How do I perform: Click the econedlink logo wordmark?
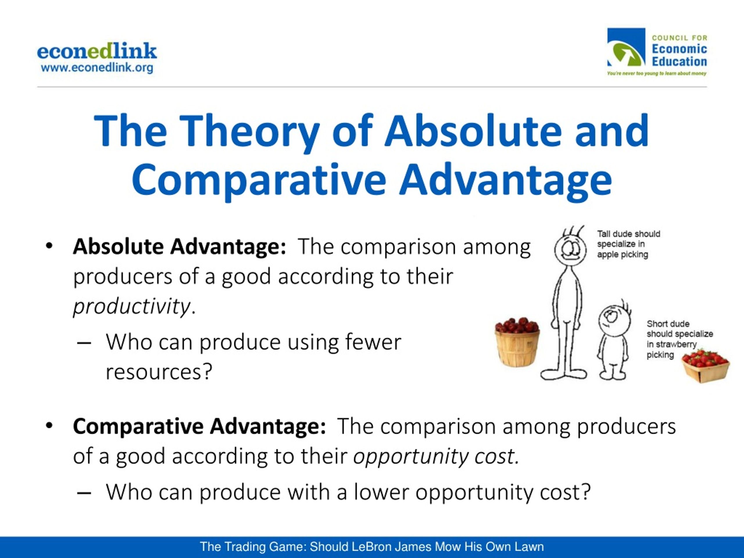pyautogui.click(x=97, y=51)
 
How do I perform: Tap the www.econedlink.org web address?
pyautogui.click(x=97, y=68)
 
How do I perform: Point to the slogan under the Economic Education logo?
pyautogui.click(x=657, y=73)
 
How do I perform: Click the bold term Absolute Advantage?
pyautogui.click(x=180, y=246)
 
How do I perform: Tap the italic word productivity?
pyautogui.click(x=132, y=306)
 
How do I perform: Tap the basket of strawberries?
pyautogui.click(x=705, y=366)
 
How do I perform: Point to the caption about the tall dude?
pyautogui.click(x=629, y=244)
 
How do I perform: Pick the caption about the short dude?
pyautogui.click(x=679, y=339)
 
